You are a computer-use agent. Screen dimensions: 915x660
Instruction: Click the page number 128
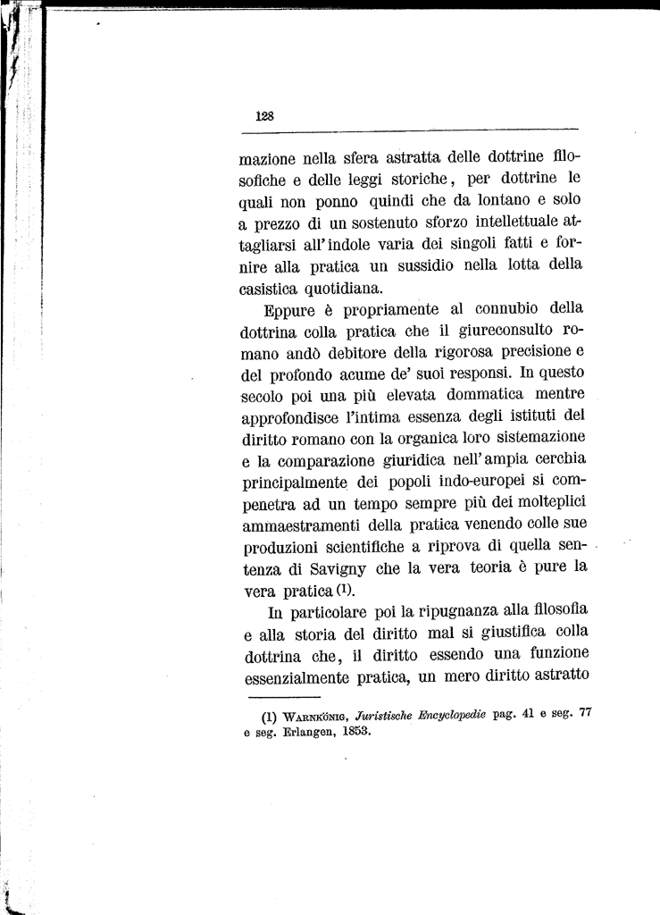263,115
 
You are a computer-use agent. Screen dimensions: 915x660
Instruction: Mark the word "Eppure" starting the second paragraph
289,310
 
